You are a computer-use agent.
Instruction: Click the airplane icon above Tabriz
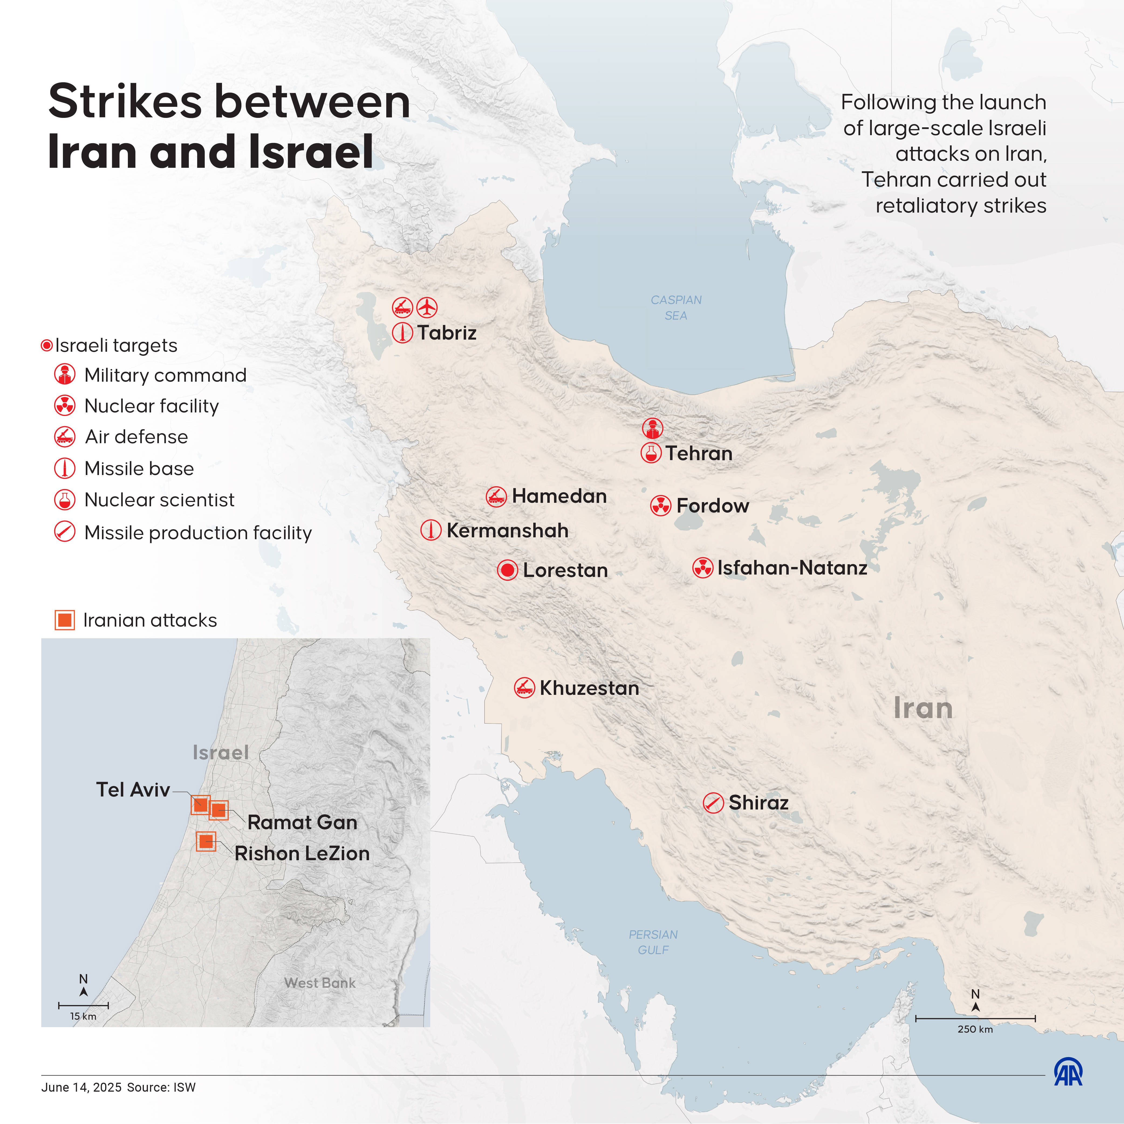427,307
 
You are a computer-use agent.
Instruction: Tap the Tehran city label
699,453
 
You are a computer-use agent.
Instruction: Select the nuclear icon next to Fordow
660,505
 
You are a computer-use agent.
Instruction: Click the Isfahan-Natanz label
792,567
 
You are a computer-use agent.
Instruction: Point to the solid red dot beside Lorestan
507,570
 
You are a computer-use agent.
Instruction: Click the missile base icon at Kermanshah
431,530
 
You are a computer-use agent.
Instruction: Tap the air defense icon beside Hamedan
496,496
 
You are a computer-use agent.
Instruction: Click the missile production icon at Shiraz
713,803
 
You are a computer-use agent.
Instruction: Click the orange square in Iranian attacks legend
64,620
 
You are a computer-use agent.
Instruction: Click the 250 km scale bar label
975,1029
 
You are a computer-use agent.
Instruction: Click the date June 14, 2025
81,1087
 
